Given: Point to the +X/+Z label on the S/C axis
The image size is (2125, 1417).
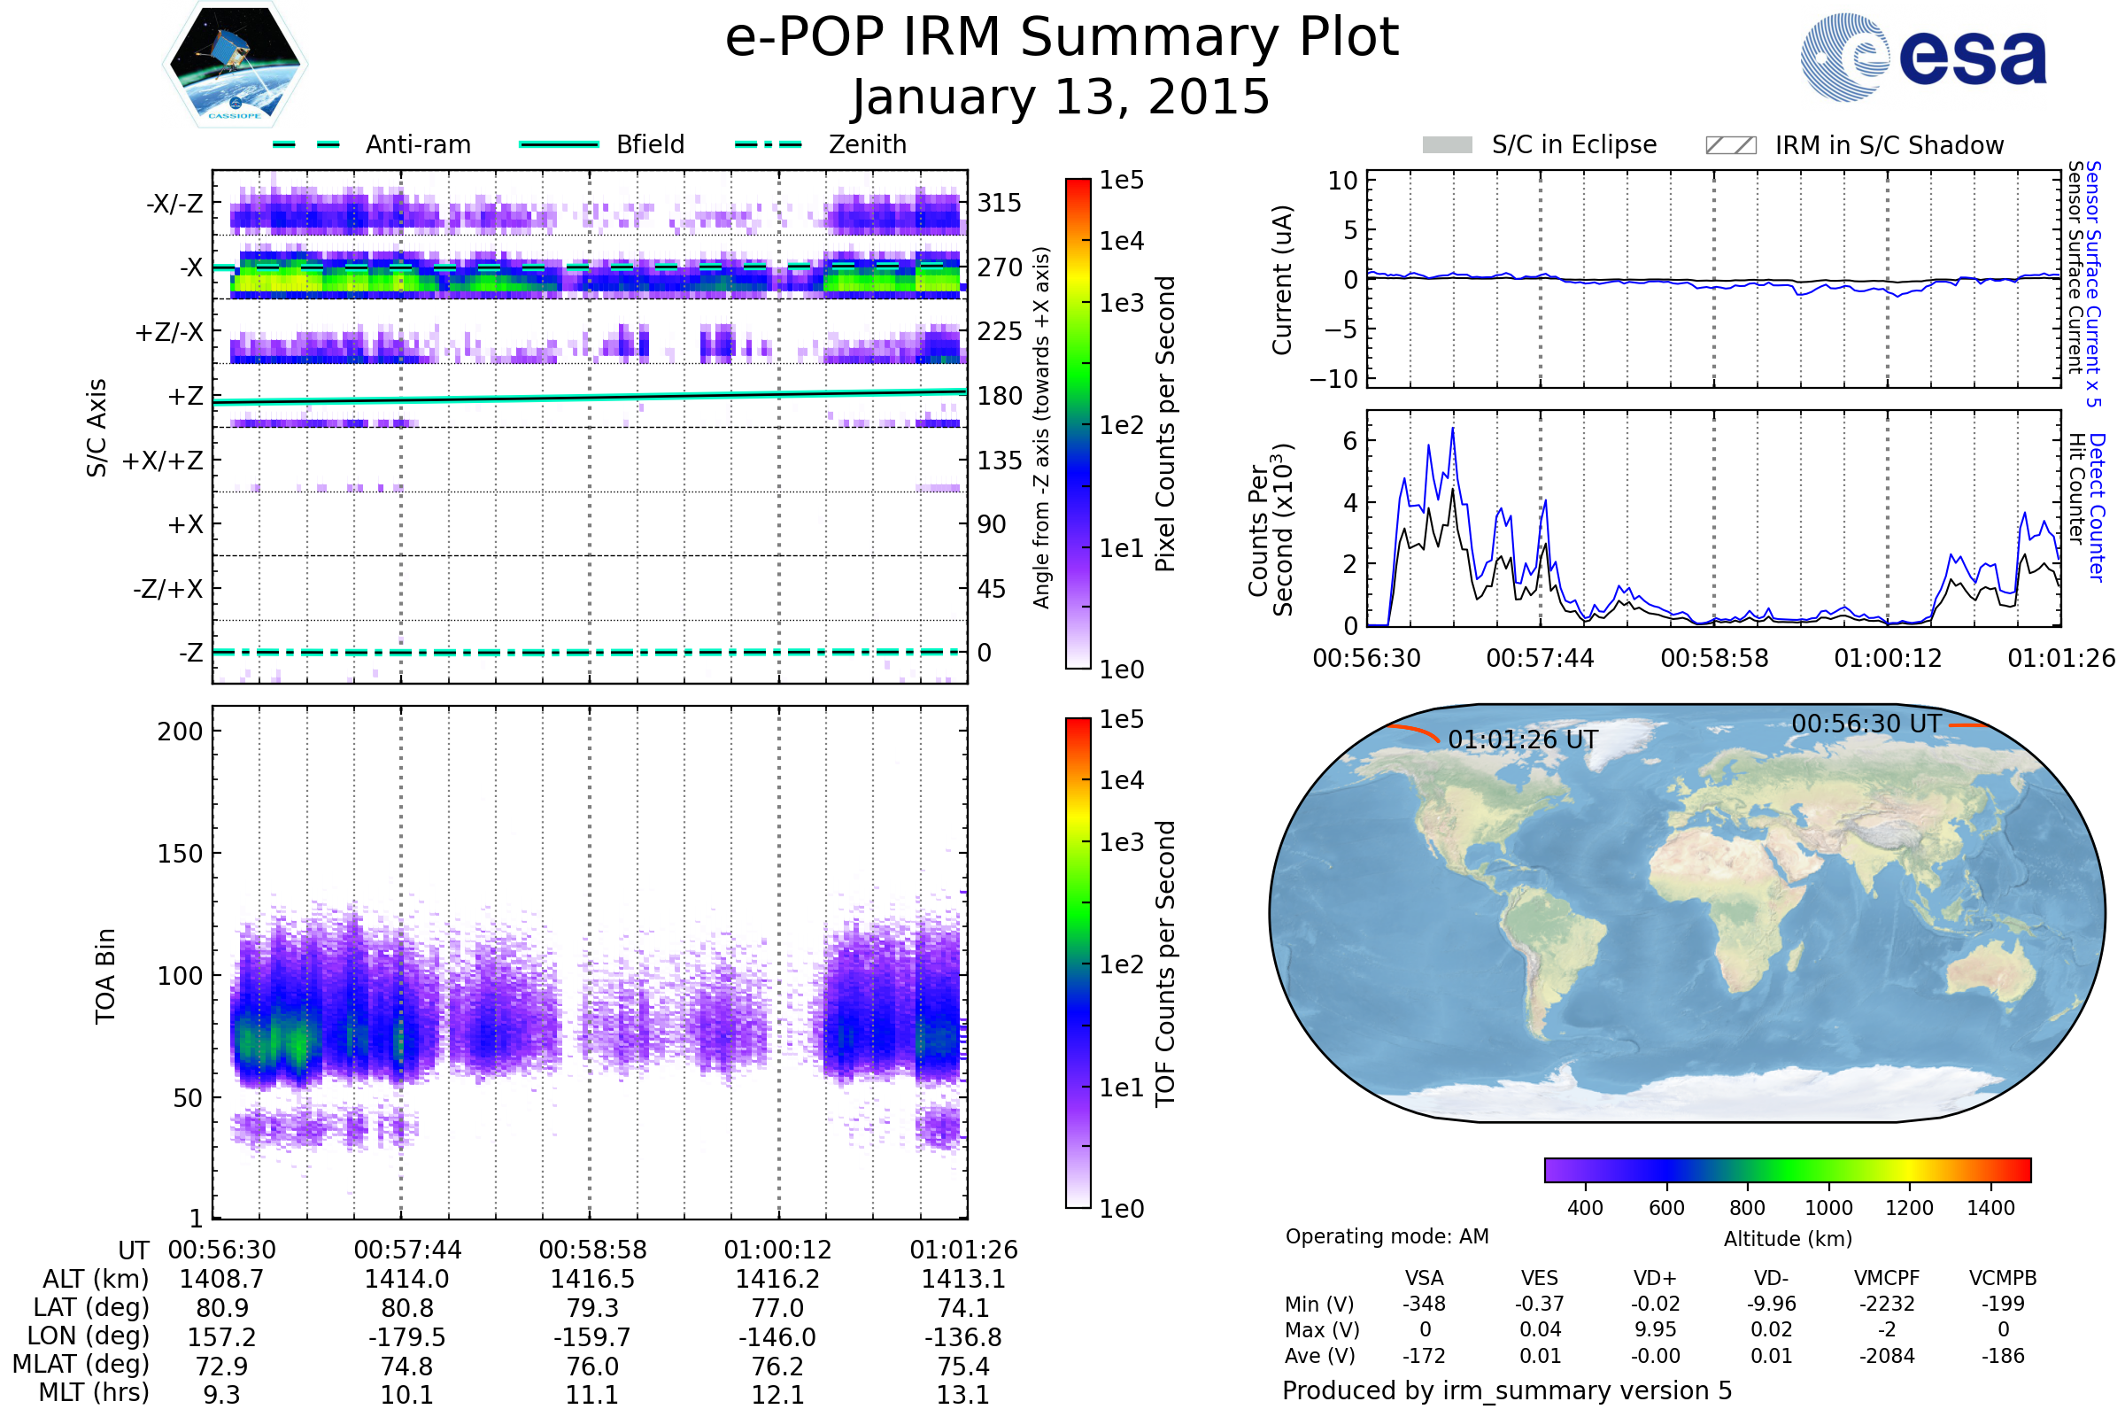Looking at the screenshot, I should [163, 461].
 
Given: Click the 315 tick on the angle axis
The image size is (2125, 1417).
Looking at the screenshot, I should [999, 203].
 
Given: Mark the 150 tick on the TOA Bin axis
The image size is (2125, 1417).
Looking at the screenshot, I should [180, 854].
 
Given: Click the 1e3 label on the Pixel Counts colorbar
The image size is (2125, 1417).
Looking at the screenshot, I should [1121, 303].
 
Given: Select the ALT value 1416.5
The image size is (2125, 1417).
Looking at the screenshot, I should [592, 1279].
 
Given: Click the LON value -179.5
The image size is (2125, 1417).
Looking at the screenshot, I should [406, 1336].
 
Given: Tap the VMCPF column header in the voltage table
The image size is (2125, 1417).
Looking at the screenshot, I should [1887, 1278].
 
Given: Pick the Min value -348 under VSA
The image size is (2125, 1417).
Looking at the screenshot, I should [1424, 1304].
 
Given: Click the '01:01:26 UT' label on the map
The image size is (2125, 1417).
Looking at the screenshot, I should [1522, 740].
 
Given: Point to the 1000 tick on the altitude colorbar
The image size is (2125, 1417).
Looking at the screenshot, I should [1827, 1208].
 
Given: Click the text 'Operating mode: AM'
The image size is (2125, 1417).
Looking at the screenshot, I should [1387, 1236].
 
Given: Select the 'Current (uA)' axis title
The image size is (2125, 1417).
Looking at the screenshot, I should [1282, 280].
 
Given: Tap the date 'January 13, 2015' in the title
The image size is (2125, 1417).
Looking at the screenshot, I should [1061, 97].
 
